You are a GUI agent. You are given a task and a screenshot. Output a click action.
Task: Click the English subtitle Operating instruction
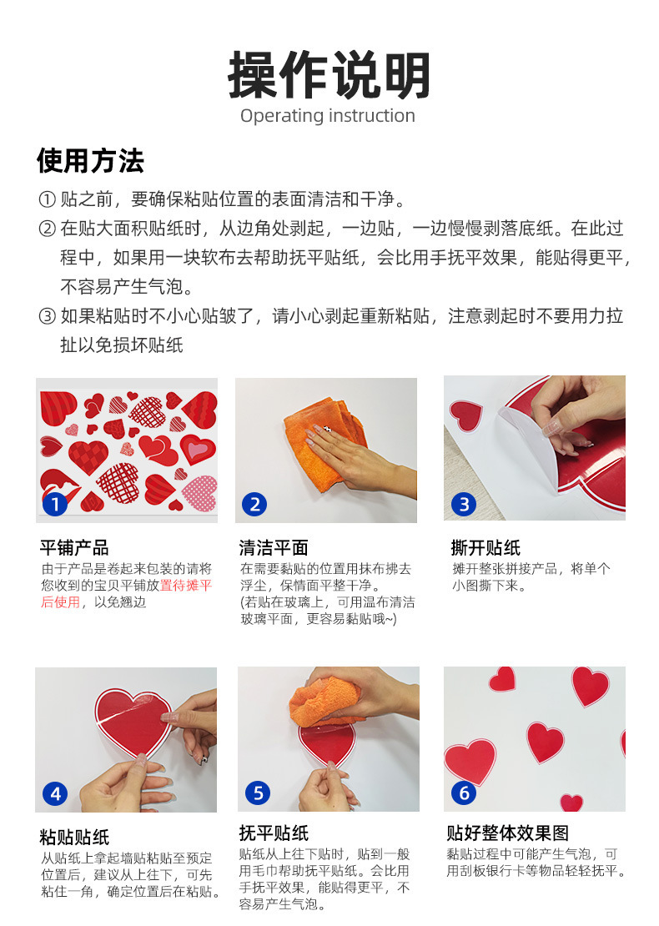coord(328,116)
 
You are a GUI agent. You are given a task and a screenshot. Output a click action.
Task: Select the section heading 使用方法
coord(90,160)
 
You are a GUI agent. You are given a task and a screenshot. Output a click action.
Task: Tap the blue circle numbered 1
coord(55,504)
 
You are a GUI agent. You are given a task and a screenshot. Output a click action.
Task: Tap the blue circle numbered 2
coord(255,504)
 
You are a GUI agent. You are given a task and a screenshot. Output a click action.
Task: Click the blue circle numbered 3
coord(464,504)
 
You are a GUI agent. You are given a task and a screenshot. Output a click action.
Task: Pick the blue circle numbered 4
coord(55,793)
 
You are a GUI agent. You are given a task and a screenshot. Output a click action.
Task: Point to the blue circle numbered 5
coord(258,793)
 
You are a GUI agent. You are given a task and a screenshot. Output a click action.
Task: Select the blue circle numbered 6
coord(465,793)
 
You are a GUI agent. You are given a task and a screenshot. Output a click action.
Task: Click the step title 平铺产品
coord(74,548)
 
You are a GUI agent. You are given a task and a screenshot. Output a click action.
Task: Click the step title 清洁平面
coord(274,548)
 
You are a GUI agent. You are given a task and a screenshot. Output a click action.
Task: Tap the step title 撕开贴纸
coord(485,548)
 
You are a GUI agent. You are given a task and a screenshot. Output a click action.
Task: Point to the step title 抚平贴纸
coord(274,833)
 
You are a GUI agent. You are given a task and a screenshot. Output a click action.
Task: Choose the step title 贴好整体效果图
coord(508,833)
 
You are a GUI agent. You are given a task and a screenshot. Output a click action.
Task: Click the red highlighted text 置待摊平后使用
coord(127,594)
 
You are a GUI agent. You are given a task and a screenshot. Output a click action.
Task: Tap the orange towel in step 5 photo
coord(325,699)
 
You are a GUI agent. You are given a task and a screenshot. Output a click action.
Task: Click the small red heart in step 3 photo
coord(465,415)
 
